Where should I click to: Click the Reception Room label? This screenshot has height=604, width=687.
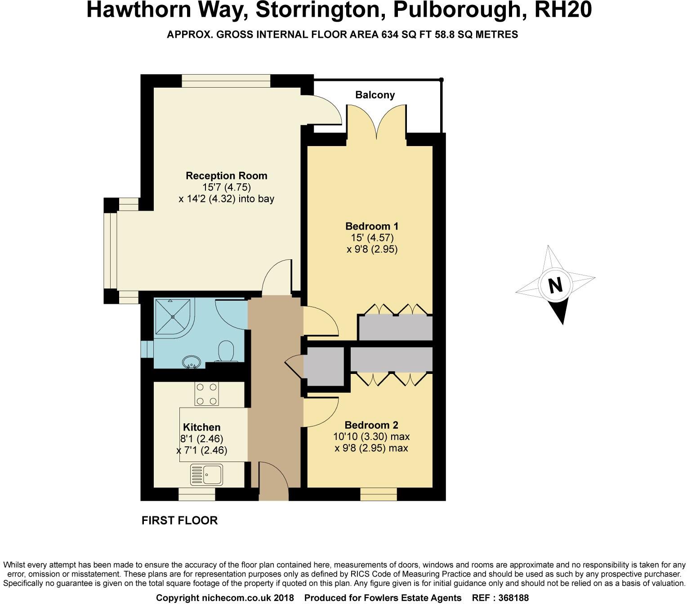point(226,176)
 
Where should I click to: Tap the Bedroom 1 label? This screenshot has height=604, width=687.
point(372,226)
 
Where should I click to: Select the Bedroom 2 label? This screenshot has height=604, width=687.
point(371,425)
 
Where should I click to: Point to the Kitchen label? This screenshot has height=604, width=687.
point(201,427)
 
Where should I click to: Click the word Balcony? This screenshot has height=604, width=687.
point(375,95)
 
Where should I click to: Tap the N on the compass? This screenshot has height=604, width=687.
point(556,285)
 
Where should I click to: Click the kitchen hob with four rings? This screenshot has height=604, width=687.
point(206,394)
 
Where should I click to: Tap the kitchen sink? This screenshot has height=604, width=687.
point(207,475)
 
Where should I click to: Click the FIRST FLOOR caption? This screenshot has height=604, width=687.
point(179,520)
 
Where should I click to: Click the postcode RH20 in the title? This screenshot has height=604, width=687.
point(562,10)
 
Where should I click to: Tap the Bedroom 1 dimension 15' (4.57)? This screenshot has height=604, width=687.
point(372,238)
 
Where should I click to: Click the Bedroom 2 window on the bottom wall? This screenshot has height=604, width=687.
point(379,494)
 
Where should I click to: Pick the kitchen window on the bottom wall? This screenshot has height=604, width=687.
point(196,494)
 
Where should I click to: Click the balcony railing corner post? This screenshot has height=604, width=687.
point(441,80)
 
